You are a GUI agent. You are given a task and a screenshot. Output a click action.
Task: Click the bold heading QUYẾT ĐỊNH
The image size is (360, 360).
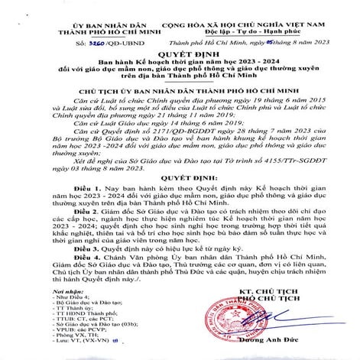pyautogui.click(x=180, y=55)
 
